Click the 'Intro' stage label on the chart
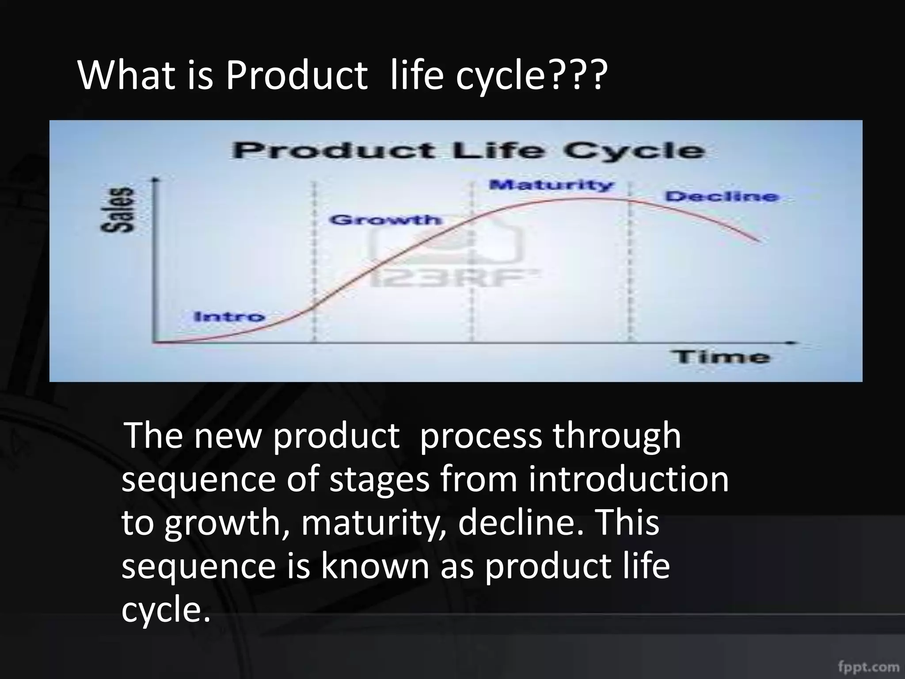coord(229,317)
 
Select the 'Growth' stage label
coord(385,220)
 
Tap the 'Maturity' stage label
coord(551,185)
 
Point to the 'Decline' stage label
coord(722,196)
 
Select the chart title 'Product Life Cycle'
coord(468,151)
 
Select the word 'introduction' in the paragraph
coord(628,480)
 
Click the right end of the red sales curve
coord(759,241)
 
